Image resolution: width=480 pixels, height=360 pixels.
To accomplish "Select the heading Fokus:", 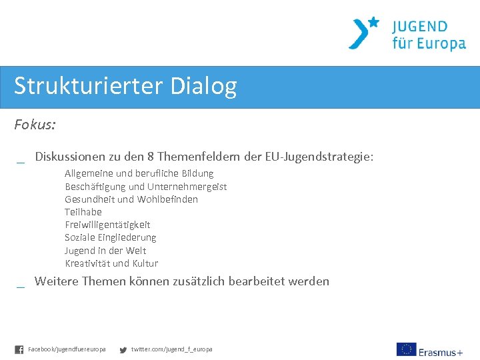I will pos(35,124).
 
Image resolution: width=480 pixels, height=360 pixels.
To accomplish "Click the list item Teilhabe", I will pos(83,212).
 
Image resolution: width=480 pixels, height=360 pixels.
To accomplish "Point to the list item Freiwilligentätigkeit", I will pos(107,225).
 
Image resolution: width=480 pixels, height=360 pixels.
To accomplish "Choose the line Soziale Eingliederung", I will pos(110,237).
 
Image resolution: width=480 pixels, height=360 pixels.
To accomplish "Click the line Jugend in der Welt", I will pos(105,251).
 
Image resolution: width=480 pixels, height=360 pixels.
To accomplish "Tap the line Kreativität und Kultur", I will pos(111,263).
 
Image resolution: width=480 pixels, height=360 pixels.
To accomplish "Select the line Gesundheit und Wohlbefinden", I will pos(131,199).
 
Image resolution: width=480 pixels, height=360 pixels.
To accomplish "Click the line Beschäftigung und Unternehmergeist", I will pos(145,187).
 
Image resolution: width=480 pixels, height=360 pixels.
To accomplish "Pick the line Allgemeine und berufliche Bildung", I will pos(139,173).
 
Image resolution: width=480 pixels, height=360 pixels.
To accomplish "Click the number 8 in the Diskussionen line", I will pos(151,157).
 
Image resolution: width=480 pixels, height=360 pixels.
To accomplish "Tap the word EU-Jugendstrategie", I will pos(319,157).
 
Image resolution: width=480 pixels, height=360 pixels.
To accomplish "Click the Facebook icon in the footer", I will pos(19,349).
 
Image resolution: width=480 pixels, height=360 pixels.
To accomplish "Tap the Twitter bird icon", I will pos(123,349).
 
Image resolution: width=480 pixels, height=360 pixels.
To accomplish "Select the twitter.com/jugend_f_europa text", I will pos(171,349).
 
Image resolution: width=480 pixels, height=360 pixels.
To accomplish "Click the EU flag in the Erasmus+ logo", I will pos(406,349).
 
